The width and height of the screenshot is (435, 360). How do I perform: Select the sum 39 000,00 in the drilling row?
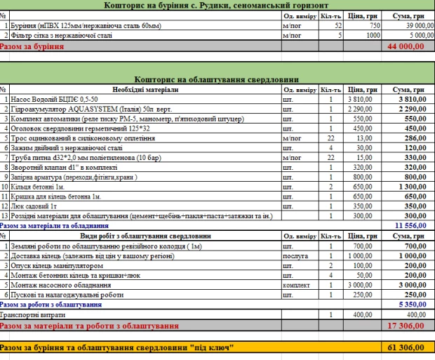(406, 25)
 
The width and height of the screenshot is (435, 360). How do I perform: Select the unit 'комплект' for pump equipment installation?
(295, 286)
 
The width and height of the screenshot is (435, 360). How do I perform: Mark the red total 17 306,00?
(406, 326)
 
